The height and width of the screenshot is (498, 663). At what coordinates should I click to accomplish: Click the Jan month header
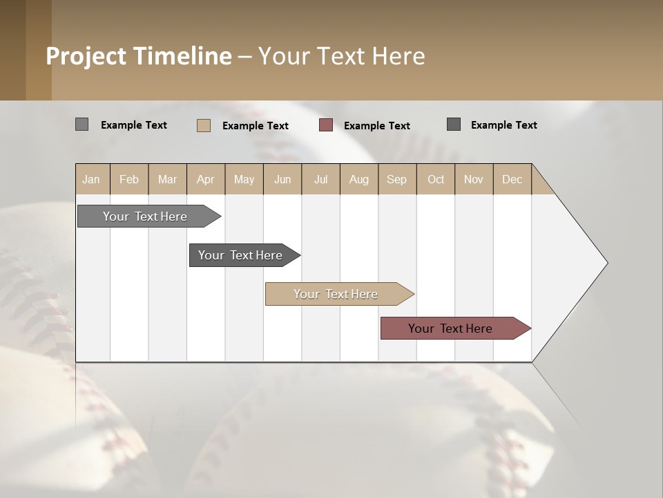(92, 179)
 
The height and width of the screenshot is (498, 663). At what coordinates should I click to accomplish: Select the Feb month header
(129, 179)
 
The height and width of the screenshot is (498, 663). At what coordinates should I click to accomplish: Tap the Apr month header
(206, 179)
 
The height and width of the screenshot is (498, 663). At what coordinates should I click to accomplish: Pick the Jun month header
(282, 179)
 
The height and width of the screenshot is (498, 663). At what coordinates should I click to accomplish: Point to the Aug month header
(359, 179)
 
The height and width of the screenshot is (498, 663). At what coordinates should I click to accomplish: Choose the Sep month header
(397, 179)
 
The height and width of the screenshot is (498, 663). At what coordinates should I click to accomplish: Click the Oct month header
(436, 179)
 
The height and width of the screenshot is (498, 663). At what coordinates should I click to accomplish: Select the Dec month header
(512, 179)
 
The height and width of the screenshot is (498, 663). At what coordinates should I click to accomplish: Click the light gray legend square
(82, 124)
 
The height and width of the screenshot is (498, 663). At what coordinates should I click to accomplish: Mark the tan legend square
(204, 125)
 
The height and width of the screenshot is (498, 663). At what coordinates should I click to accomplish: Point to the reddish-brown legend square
(326, 124)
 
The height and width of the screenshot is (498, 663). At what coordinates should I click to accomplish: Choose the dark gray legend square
(454, 124)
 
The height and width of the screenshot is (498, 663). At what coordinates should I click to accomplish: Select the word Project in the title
(86, 56)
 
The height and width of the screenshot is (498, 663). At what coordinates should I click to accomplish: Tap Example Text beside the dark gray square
(504, 125)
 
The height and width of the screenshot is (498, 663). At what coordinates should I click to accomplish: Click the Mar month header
(168, 179)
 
